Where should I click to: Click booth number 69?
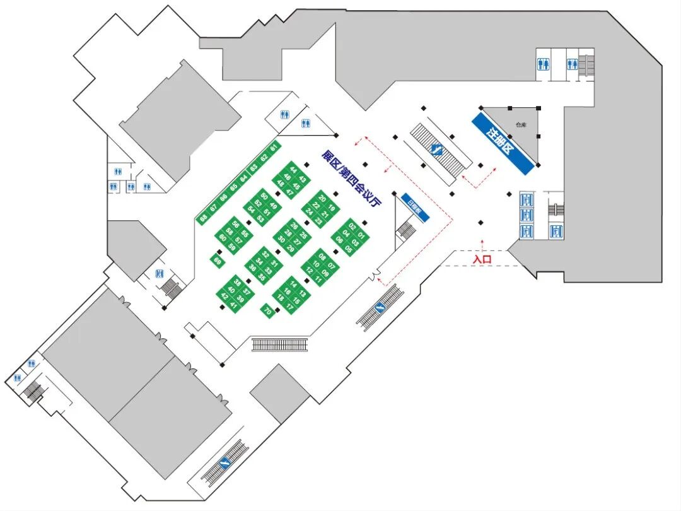217,260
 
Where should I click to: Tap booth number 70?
267,310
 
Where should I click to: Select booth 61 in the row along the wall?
273,148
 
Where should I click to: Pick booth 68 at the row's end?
203,218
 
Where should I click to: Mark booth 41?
233,305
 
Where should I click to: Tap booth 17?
289,305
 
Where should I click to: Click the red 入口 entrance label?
482,259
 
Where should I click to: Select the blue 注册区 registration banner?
503,143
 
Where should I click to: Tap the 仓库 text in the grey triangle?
520,125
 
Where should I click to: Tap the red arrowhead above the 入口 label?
482,240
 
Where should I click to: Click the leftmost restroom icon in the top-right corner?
543,64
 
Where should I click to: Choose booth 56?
235,224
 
